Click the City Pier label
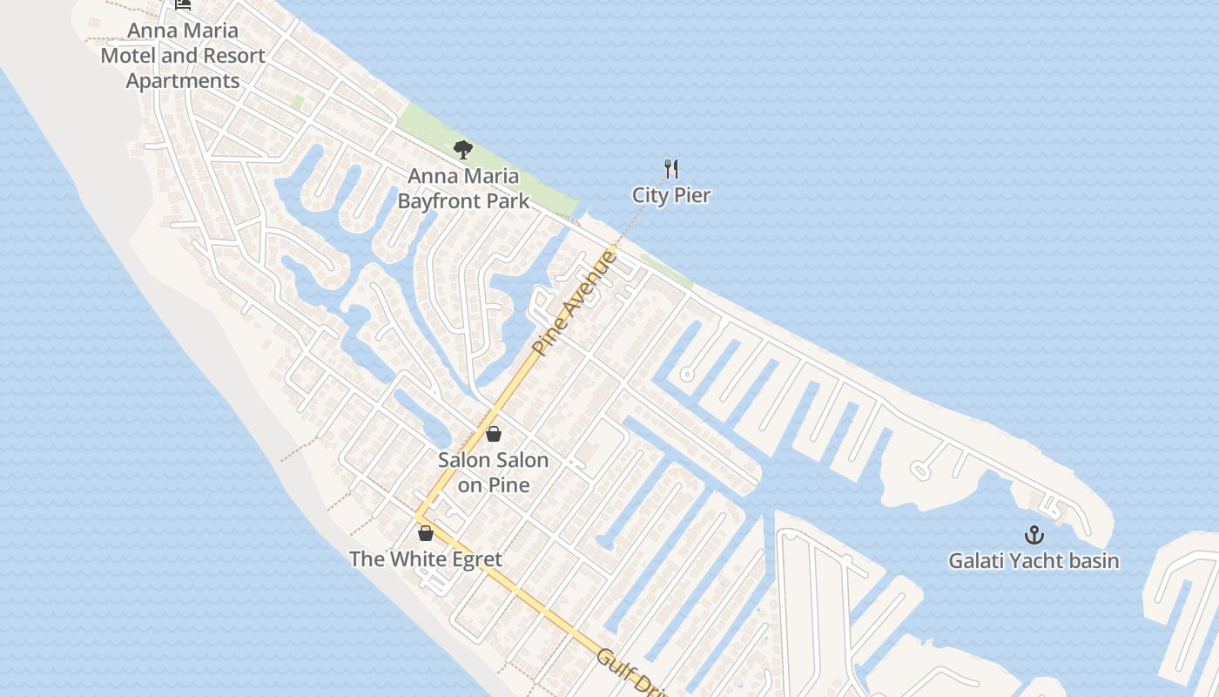[x=670, y=195]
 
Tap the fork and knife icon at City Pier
[x=670, y=168]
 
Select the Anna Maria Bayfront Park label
[x=463, y=188]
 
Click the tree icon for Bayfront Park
[x=462, y=150]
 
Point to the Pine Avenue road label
[x=574, y=302]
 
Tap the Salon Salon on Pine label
[x=494, y=472]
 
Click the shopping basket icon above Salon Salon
[x=494, y=433]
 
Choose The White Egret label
[x=426, y=558]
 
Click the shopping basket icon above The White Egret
[x=426, y=532]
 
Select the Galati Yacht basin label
[x=1034, y=560]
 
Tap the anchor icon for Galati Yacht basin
[x=1034, y=534]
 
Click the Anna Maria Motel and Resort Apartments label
[x=183, y=56]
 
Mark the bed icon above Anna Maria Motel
[x=183, y=4]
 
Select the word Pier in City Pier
[x=691, y=195]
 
